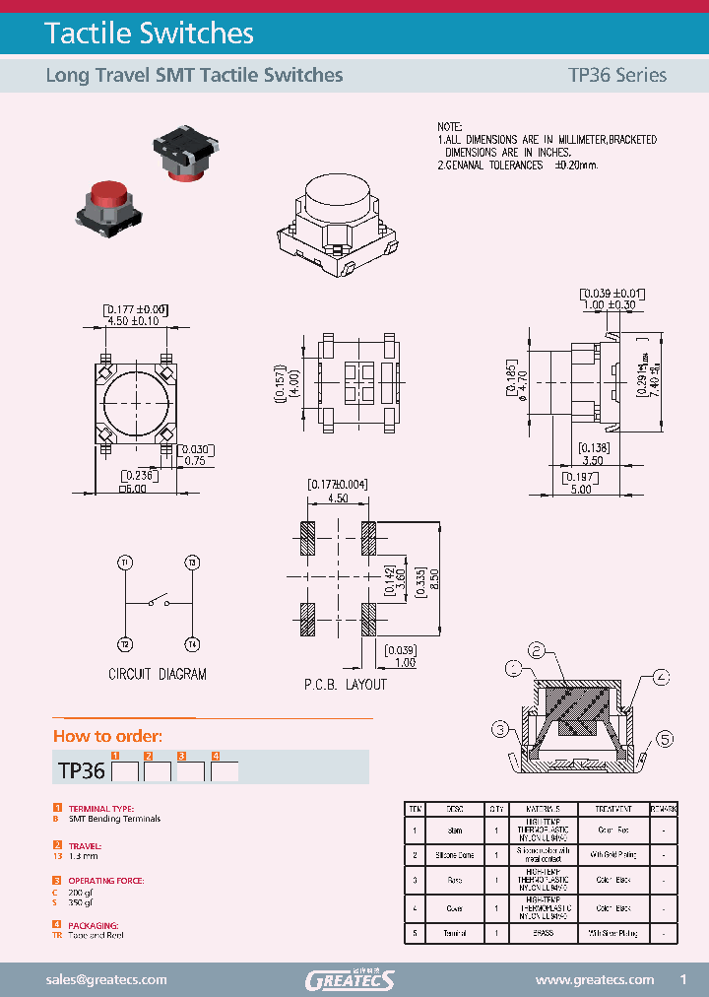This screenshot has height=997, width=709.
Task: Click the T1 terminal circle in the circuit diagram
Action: [x=125, y=563]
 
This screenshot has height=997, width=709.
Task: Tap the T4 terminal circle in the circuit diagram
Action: [x=192, y=644]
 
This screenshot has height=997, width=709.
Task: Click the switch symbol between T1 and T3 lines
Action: [x=158, y=602]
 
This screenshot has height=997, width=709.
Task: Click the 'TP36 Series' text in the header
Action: [x=617, y=75]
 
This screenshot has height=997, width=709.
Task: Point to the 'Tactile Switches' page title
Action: [x=150, y=33]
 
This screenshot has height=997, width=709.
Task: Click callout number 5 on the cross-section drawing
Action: [x=664, y=739]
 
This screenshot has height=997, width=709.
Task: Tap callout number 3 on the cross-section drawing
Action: [x=501, y=729]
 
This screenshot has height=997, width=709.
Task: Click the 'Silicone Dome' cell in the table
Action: [x=456, y=854]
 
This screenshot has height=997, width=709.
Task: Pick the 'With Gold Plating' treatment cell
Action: [x=612, y=854]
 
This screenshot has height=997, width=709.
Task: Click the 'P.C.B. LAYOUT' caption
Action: [x=345, y=684]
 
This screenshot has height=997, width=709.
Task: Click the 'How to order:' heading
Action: [x=107, y=736]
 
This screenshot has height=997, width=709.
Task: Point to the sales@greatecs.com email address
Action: [x=106, y=979]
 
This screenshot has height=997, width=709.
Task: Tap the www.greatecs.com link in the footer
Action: [x=594, y=979]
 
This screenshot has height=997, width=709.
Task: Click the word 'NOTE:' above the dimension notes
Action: [x=449, y=128]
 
